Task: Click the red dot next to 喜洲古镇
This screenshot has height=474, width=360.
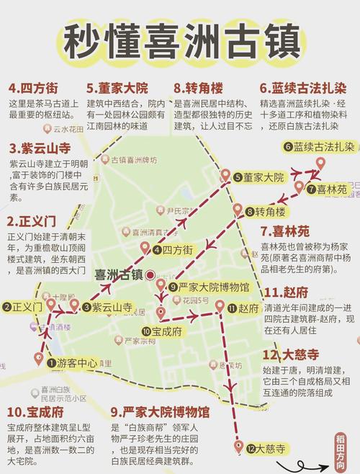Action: pyautogui.click(x=149, y=274)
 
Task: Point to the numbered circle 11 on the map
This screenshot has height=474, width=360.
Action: pyautogui.click(x=232, y=308)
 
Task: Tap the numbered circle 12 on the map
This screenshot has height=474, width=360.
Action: pyautogui.click(x=251, y=449)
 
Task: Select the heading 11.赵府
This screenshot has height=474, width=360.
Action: pyautogui.click(x=288, y=292)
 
